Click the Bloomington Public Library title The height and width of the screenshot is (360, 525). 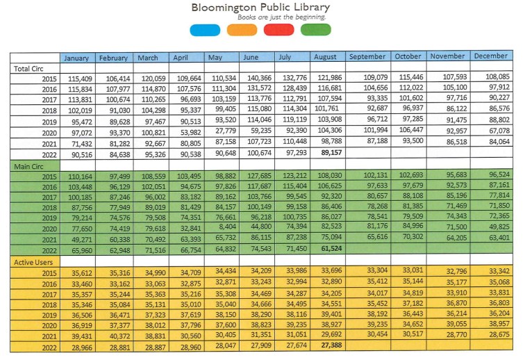(x=261, y=7)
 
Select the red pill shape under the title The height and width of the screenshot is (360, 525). (x=278, y=29)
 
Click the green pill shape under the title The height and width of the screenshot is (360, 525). (x=316, y=29)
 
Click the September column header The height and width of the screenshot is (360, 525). (x=367, y=56)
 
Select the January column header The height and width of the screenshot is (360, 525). (x=76, y=58)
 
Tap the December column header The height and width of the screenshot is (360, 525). (x=490, y=56)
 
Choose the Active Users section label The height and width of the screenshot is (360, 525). (x=33, y=261)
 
